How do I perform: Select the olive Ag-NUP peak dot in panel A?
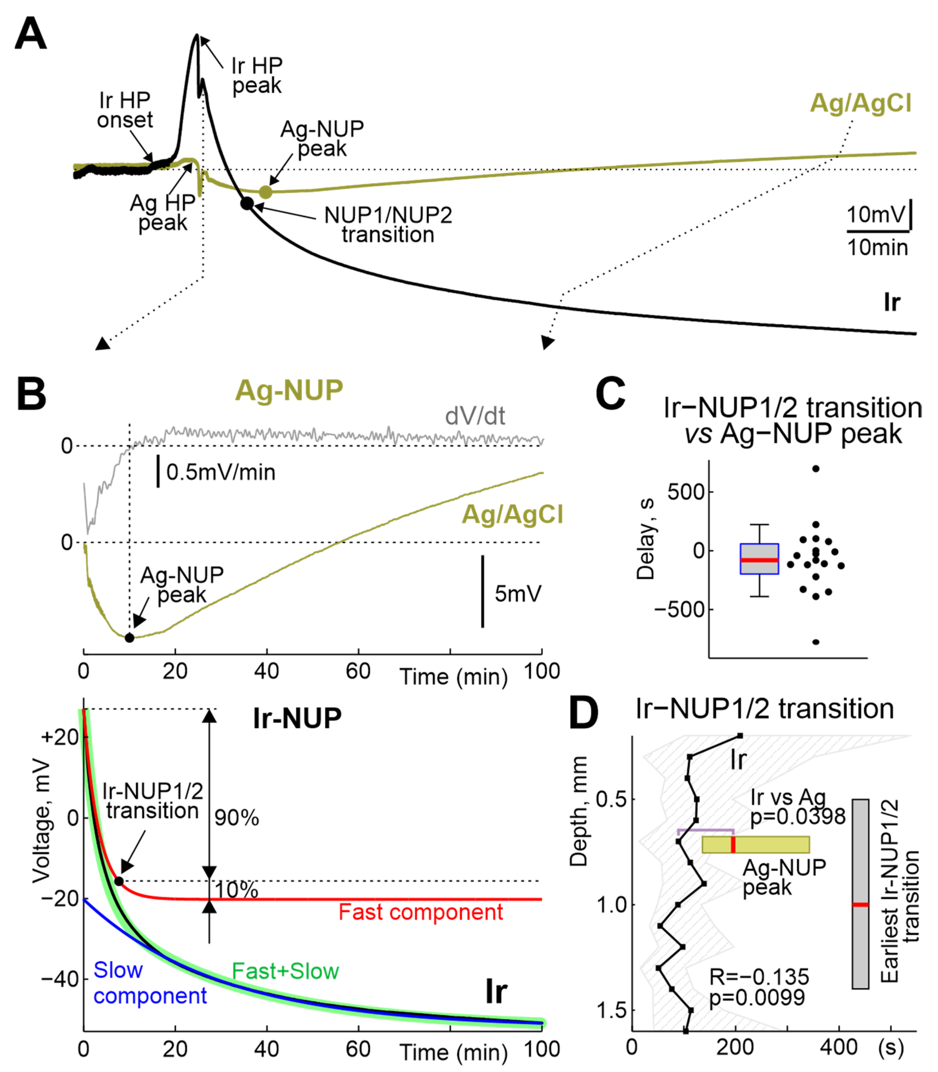266,192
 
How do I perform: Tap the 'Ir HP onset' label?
125,110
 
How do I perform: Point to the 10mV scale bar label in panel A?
875,214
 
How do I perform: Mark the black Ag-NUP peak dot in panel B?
129,638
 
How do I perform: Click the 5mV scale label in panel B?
518,594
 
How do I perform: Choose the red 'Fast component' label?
420,912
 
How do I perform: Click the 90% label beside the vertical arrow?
236,818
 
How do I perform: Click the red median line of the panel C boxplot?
759,560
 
